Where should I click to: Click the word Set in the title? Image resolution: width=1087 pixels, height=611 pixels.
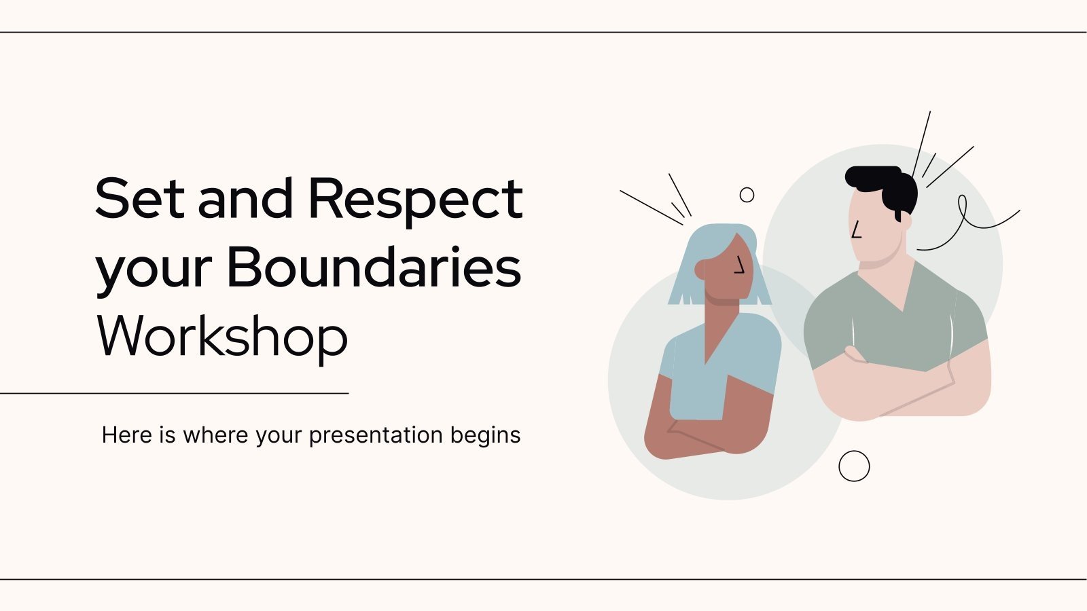139,198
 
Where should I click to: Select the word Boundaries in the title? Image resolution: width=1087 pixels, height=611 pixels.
373,267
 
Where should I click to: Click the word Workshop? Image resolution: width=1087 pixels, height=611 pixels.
222,336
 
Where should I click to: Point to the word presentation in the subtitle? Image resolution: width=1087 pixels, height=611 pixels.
366,435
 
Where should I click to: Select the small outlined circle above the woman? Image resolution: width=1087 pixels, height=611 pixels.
747,195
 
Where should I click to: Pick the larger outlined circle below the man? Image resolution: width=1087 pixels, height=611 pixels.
854,466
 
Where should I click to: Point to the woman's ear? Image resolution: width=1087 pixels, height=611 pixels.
701,270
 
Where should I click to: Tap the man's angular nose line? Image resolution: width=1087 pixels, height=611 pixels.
856,231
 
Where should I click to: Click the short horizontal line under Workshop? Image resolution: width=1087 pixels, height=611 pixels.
174,392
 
